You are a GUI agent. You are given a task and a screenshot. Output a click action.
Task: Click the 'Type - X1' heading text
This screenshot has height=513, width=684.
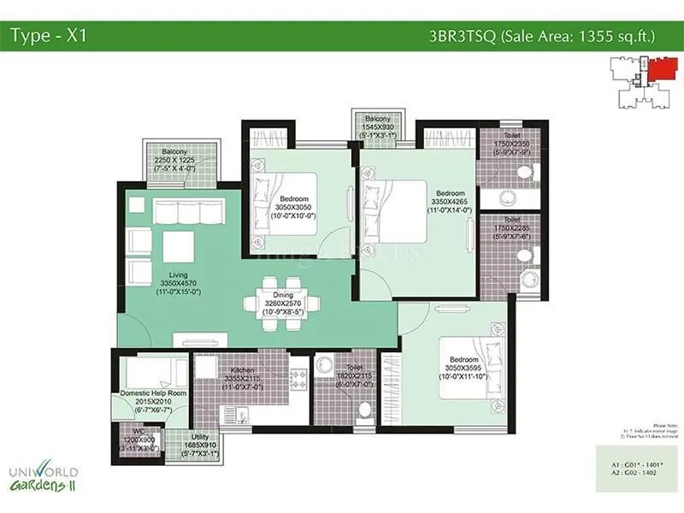49,35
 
